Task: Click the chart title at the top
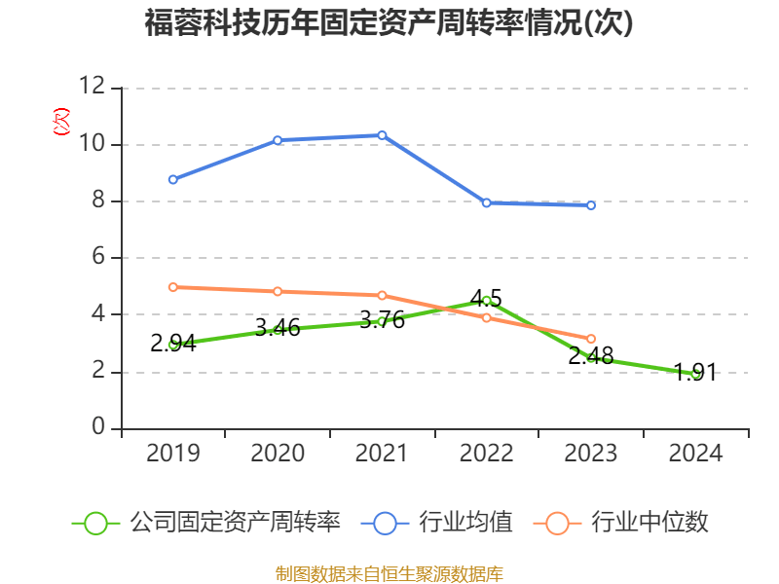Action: coord(389,22)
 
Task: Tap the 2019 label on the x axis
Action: coord(172,453)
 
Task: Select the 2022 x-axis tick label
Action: coord(486,453)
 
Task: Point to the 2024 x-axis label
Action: coord(695,453)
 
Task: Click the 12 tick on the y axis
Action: coord(93,88)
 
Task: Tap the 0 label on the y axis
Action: coord(98,428)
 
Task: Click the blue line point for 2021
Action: coord(382,135)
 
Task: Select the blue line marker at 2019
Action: coord(172,179)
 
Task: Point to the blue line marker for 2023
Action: coord(591,205)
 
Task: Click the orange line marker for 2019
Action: coord(172,287)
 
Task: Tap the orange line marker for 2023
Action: coord(591,339)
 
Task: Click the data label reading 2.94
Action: coord(172,343)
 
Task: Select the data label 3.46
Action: coord(278,327)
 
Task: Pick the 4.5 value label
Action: coord(486,298)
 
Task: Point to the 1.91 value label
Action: coord(695,372)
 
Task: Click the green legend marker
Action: coord(95,523)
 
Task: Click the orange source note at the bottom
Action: coord(389,573)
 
